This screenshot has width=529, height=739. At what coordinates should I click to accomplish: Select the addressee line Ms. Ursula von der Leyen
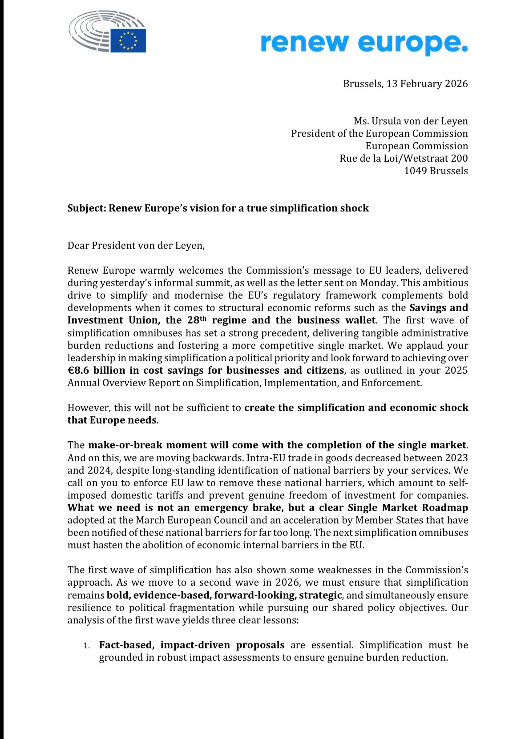411,121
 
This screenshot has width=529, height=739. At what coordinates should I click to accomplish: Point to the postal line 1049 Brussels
436,171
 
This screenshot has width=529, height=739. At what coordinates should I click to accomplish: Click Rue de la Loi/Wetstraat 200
404,158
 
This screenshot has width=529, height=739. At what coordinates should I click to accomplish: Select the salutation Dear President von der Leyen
136,245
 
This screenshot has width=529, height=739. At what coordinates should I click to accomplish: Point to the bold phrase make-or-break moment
141,445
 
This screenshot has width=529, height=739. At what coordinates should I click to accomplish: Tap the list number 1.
88,645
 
